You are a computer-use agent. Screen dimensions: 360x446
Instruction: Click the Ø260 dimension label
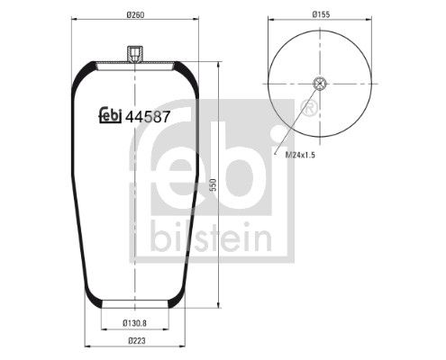135,15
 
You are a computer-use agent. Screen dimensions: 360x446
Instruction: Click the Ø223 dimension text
135,340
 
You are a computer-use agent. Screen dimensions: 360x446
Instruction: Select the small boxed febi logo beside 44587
109,115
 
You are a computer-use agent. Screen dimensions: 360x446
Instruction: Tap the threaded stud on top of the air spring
133,57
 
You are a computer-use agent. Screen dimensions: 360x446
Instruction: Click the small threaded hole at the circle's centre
320,85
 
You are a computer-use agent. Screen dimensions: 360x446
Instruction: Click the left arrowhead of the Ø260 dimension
74,22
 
